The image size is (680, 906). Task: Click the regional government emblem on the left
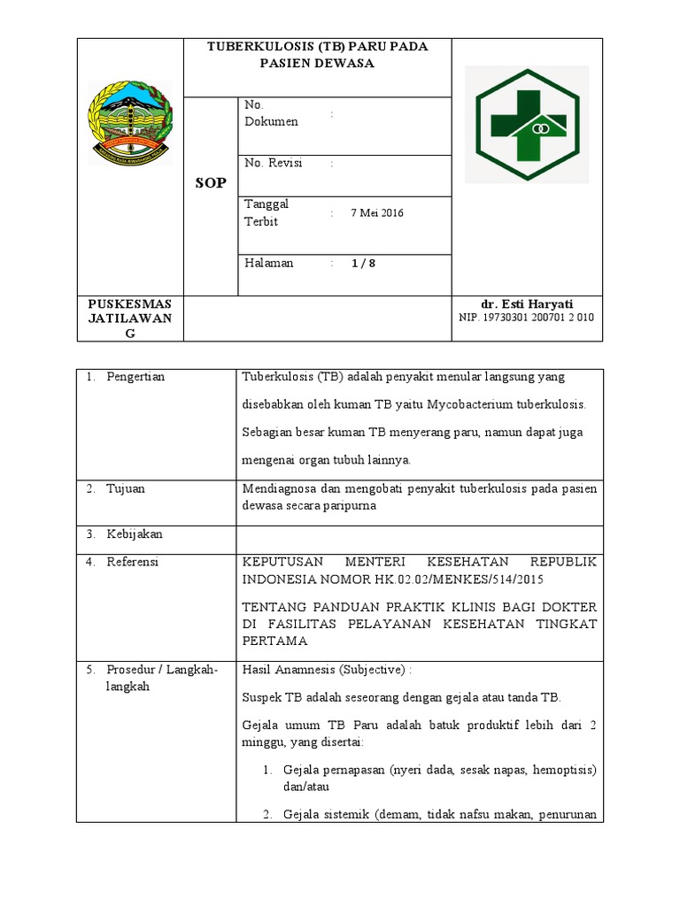coord(130,123)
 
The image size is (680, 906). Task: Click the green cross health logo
coord(527,123)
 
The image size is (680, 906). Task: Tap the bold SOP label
coord(211,183)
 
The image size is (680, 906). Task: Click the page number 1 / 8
coord(363,264)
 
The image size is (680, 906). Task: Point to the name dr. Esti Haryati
coord(527,304)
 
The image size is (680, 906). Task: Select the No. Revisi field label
coord(274,163)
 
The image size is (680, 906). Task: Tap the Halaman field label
coord(269,264)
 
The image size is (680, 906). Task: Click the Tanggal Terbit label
coord(267,213)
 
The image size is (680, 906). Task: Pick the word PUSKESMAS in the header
coord(129,303)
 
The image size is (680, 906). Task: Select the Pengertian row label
coord(135,377)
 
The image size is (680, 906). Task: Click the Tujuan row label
coord(126,488)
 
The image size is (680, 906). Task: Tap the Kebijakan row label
coord(135,534)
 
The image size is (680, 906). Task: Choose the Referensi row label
coord(133,563)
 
